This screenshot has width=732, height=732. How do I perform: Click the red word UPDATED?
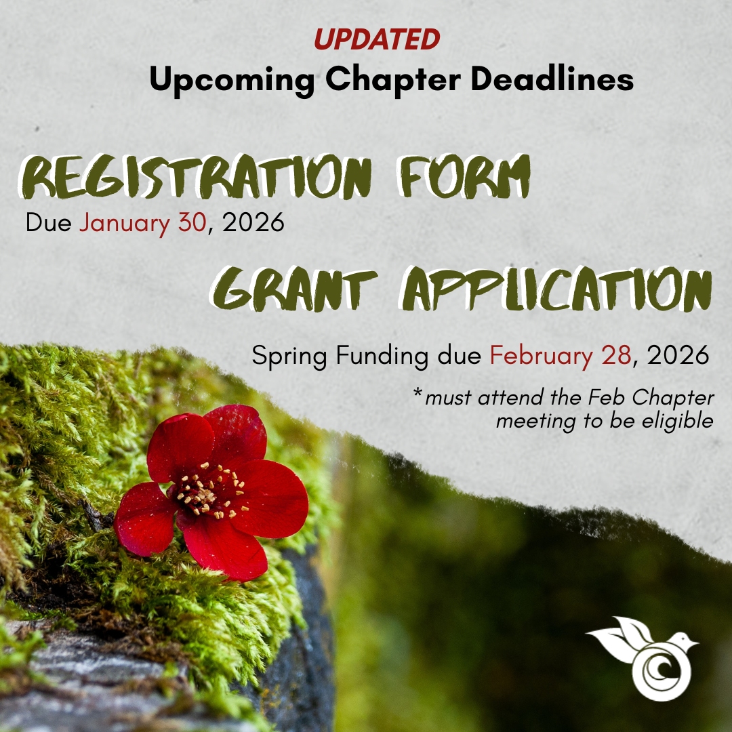pyautogui.click(x=377, y=39)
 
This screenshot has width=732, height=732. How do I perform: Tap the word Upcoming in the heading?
pyautogui.click(x=232, y=79)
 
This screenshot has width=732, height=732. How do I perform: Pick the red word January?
pyautogui.click(x=124, y=223)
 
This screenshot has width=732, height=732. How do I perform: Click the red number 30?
pyautogui.click(x=192, y=222)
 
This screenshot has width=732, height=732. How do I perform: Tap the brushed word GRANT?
pyautogui.click(x=294, y=289)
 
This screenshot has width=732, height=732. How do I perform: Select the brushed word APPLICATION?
pyautogui.click(x=556, y=289)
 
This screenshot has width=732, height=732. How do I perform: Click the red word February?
pyautogui.click(x=541, y=356)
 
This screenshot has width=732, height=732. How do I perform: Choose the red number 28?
pyautogui.click(x=617, y=355)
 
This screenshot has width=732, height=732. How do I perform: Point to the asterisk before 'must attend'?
pyautogui.click(x=418, y=393)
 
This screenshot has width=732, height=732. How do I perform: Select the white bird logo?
pyautogui.click(x=643, y=658)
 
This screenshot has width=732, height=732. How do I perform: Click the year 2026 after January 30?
pyautogui.click(x=253, y=222)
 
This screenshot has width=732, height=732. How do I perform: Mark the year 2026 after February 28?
pyautogui.click(x=678, y=355)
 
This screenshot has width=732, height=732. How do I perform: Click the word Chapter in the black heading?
pyautogui.click(x=393, y=79)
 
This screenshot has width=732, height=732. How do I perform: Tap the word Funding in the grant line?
pyautogui.click(x=382, y=357)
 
